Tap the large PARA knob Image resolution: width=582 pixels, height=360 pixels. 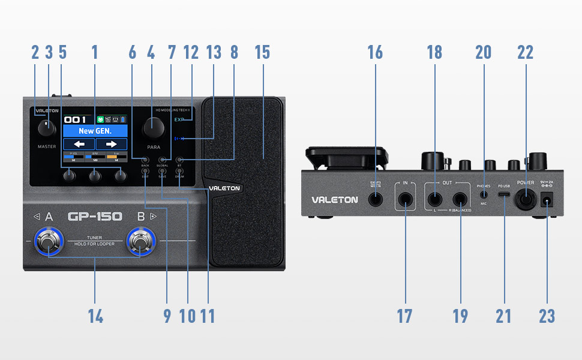click(153, 127)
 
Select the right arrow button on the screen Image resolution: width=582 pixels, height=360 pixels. click(112, 144)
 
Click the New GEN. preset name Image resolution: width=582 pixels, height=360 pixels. click(95, 131)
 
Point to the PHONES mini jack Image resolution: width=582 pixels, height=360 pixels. click(484, 194)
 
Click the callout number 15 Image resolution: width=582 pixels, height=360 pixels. click(262, 52)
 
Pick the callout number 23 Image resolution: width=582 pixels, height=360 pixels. click(547, 316)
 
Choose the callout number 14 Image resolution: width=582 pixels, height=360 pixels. click(95, 316)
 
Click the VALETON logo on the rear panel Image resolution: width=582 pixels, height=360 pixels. click(334, 200)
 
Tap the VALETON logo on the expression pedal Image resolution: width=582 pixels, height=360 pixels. click(224, 188)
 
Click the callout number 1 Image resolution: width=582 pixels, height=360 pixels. click(94, 52)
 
